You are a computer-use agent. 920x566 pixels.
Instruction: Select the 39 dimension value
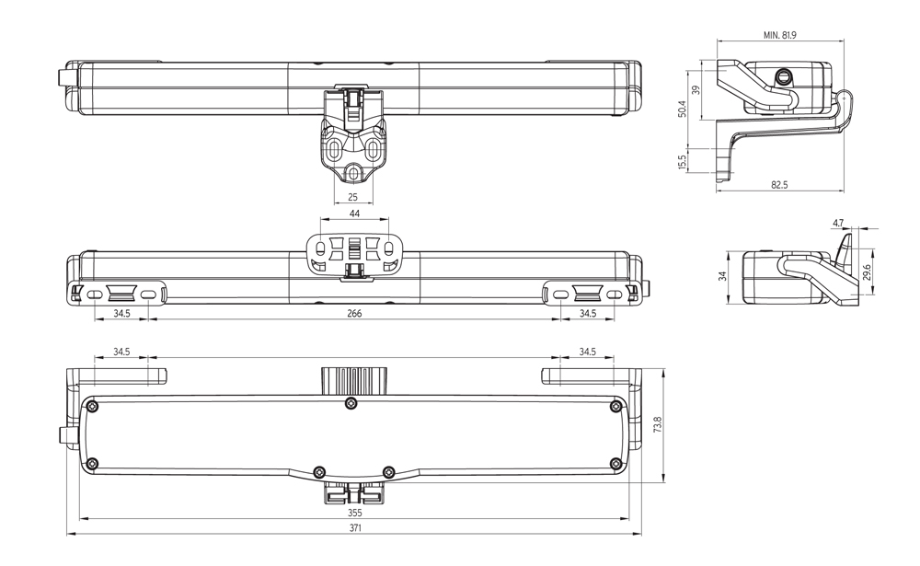click(x=696, y=89)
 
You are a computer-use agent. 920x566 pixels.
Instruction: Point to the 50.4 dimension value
click(x=682, y=110)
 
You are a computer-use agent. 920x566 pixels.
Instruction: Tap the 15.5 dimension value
click(x=682, y=162)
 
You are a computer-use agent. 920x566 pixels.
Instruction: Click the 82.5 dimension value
click(x=779, y=185)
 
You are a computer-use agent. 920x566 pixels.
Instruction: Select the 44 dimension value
click(x=354, y=214)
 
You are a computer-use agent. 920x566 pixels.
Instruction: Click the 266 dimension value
click(x=354, y=314)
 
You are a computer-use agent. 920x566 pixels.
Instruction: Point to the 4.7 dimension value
click(x=837, y=223)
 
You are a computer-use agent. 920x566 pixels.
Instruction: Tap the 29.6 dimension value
click(x=868, y=273)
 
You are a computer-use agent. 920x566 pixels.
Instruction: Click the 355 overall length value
click(x=354, y=513)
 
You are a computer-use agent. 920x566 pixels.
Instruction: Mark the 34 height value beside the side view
click(x=723, y=275)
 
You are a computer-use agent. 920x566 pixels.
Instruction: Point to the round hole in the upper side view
click(x=784, y=75)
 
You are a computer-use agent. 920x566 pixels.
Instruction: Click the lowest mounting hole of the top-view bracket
click(x=354, y=172)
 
